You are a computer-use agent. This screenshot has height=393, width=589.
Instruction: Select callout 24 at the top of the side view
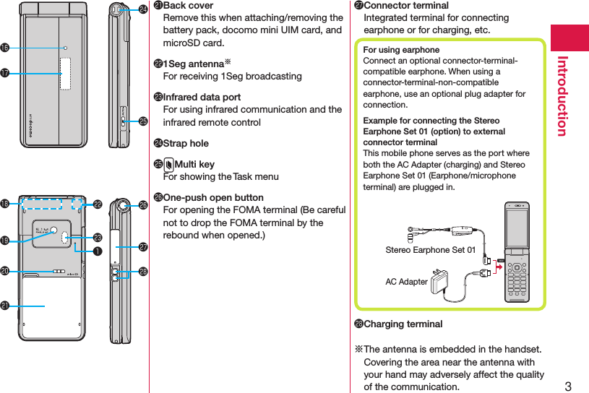(143, 9)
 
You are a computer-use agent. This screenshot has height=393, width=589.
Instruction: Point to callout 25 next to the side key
(143, 121)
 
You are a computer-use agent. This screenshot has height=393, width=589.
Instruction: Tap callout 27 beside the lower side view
(143, 246)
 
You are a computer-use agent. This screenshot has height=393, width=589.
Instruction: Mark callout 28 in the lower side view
(143, 272)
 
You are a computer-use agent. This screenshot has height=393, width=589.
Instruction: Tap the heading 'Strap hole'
(186, 143)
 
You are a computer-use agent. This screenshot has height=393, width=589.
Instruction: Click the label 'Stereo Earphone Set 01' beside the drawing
(430, 250)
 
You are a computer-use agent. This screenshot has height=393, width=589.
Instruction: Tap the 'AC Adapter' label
(406, 282)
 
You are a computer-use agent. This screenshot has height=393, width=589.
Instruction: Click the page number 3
(567, 385)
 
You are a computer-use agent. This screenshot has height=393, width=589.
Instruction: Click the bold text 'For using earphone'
(401, 50)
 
